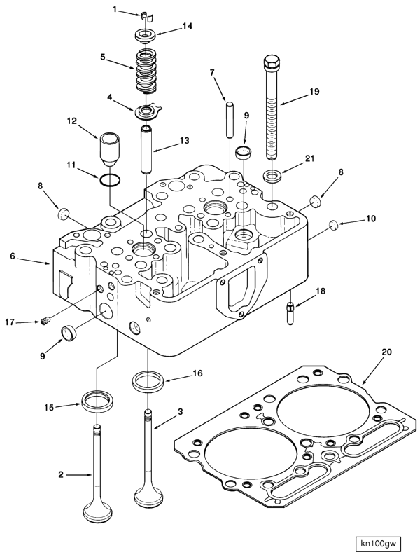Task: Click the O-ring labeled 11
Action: click(108, 181)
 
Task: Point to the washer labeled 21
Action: click(272, 174)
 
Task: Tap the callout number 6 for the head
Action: click(12, 257)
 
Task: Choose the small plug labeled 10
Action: click(334, 224)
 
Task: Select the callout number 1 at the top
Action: click(115, 9)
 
